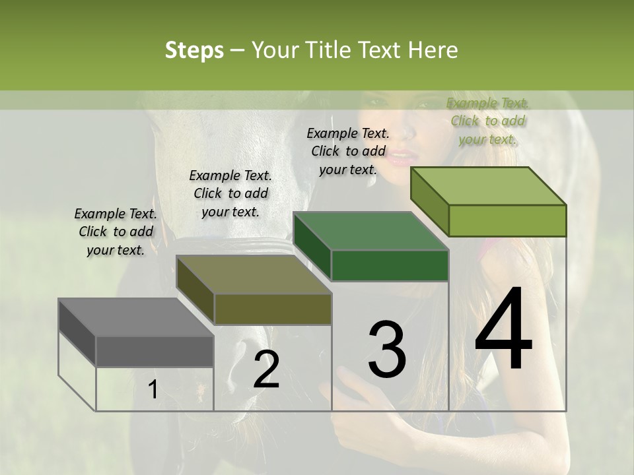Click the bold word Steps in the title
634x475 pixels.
(194, 50)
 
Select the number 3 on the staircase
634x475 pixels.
(386, 349)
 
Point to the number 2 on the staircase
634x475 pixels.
(266, 369)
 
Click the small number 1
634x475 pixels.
(153, 390)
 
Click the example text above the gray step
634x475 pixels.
(116, 232)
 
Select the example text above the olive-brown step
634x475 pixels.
(230, 194)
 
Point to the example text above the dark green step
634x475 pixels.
(348, 151)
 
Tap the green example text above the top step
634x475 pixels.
(488, 121)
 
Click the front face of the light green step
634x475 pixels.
(507, 220)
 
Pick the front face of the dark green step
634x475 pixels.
(390, 266)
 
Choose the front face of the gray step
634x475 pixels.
(155, 352)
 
